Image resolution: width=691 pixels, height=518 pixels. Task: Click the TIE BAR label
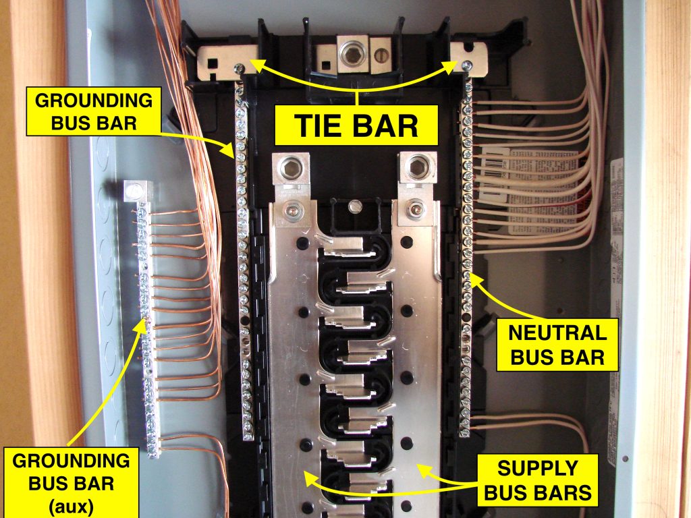(356, 125)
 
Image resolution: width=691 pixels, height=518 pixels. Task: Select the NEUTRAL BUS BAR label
(557, 344)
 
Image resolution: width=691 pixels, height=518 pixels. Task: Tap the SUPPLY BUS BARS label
(538, 480)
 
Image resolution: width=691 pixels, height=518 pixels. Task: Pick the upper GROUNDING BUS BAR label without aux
(94, 112)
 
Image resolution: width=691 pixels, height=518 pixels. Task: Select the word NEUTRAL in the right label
(557, 333)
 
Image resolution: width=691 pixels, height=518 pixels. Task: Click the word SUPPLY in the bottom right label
(538, 467)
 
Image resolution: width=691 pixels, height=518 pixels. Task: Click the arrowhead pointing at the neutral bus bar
(474, 278)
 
